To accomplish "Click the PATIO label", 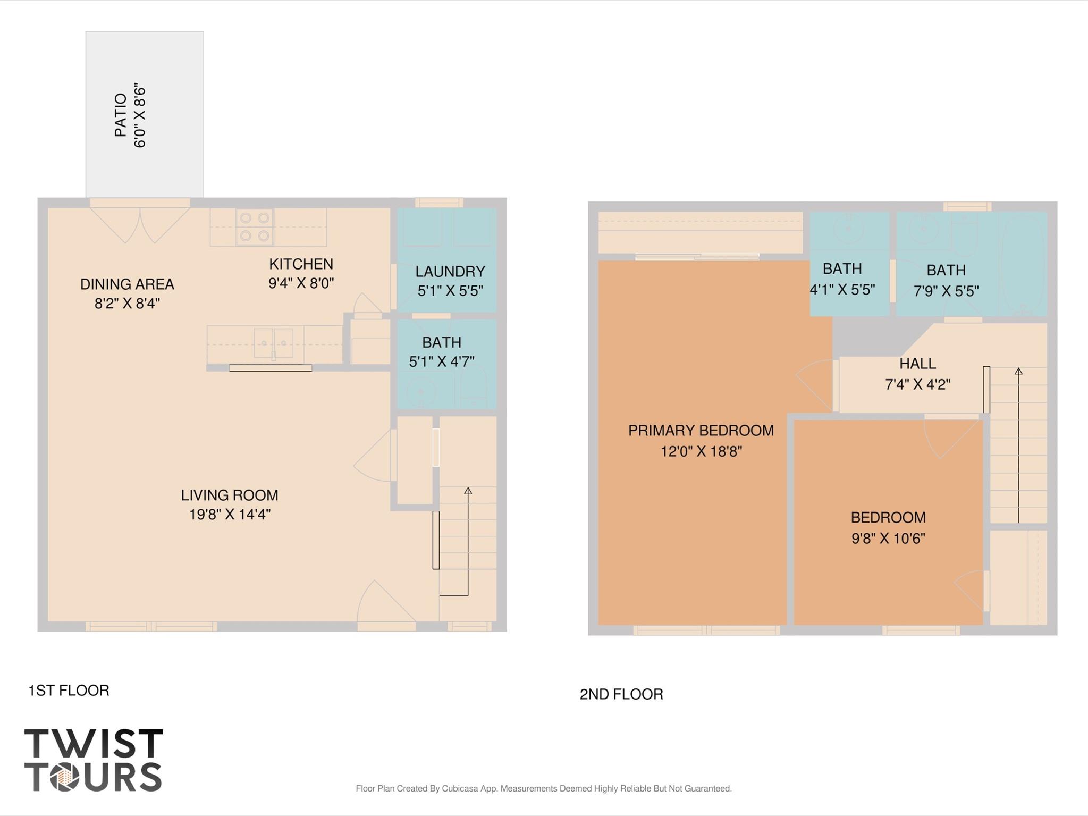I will point(121,115).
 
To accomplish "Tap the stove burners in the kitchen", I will point(254,226).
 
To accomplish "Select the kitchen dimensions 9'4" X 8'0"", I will point(301,283).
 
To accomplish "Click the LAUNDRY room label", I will point(450,272).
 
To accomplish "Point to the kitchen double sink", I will point(274,343).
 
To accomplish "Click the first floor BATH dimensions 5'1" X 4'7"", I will point(441,361).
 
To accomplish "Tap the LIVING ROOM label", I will point(229,495).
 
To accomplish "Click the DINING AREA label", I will point(127,284).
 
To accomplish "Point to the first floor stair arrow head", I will point(468,491).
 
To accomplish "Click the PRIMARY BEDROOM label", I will point(701,431).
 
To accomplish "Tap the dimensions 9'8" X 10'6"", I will point(888,539).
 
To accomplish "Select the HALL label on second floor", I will point(917,364).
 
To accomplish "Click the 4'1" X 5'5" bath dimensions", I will point(842,290).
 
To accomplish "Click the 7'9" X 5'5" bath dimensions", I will point(946,291).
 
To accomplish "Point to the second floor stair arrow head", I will point(1018,371).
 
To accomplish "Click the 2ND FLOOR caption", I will point(621,694).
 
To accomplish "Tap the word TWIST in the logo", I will point(94,744).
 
